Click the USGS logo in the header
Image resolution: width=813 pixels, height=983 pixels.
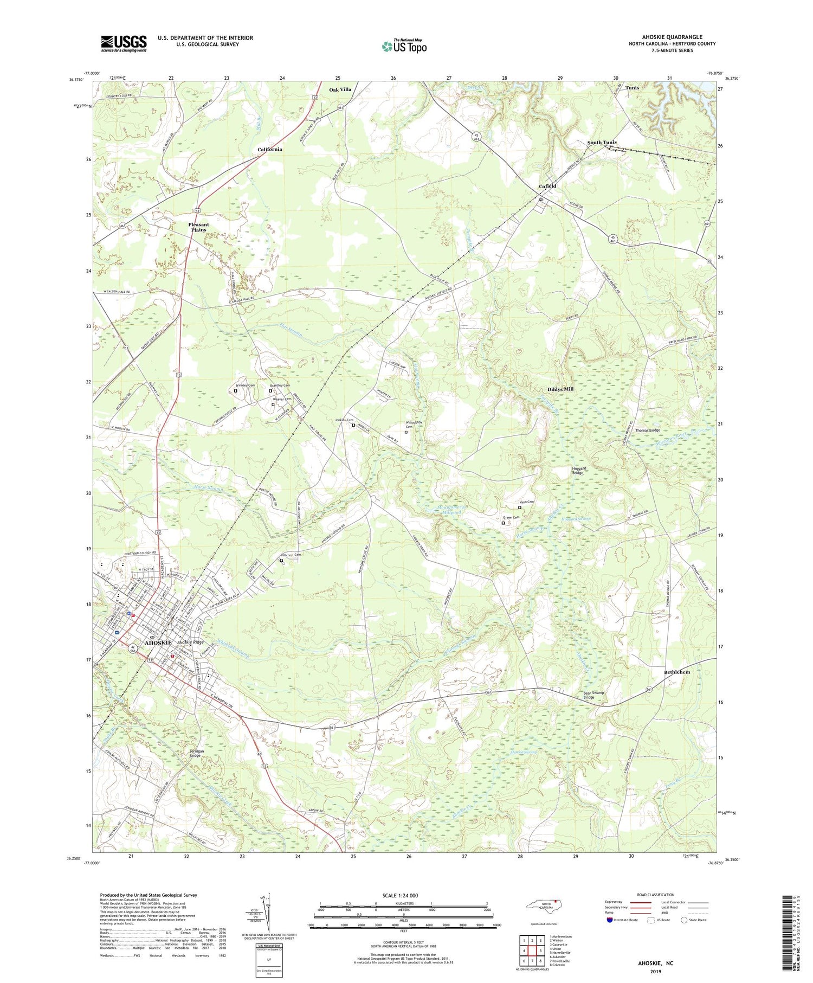coord(124,43)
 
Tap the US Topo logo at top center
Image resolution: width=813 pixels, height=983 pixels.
coord(404,47)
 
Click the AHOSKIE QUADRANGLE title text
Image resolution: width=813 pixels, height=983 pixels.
coord(672,37)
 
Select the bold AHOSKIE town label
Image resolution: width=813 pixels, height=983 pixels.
coord(158,643)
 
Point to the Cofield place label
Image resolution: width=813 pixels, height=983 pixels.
coord(547,186)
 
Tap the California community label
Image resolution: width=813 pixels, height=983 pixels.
coord(269,149)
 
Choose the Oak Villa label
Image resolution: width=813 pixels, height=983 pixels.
coord(340,89)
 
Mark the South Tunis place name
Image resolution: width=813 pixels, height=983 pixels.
coord(602,143)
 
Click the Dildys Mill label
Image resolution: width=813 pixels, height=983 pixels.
coord(560,389)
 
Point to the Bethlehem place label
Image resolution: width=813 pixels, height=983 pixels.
coord(677,672)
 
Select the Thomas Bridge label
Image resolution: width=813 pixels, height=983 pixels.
coord(648,431)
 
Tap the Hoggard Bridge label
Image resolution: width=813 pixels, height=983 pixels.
coord(578,471)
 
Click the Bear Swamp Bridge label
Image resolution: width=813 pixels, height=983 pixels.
coord(593,695)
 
